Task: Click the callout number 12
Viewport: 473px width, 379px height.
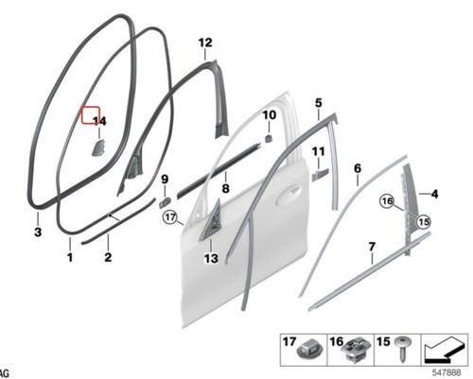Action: click(x=205, y=43)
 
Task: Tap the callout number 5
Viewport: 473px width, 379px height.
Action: click(x=319, y=103)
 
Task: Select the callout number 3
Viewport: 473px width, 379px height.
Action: click(x=38, y=233)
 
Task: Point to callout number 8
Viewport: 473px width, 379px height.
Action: click(x=225, y=189)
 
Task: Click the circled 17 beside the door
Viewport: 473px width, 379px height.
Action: click(x=170, y=217)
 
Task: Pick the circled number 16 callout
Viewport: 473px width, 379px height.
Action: click(x=388, y=200)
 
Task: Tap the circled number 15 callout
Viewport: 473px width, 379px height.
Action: click(x=424, y=222)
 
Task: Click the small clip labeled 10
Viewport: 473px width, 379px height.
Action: click(x=268, y=138)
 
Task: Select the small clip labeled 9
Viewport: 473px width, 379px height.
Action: click(x=166, y=202)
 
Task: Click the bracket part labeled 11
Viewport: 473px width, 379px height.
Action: click(x=320, y=175)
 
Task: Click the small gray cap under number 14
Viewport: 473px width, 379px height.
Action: click(x=98, y=148)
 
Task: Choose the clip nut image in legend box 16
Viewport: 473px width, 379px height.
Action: click(x=354, y=351)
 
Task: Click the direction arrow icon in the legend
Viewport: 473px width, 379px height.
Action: click(x=445, y=350)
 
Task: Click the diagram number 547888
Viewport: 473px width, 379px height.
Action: click(x=447, y=372)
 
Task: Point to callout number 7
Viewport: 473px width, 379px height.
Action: click(x=372, y=247)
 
